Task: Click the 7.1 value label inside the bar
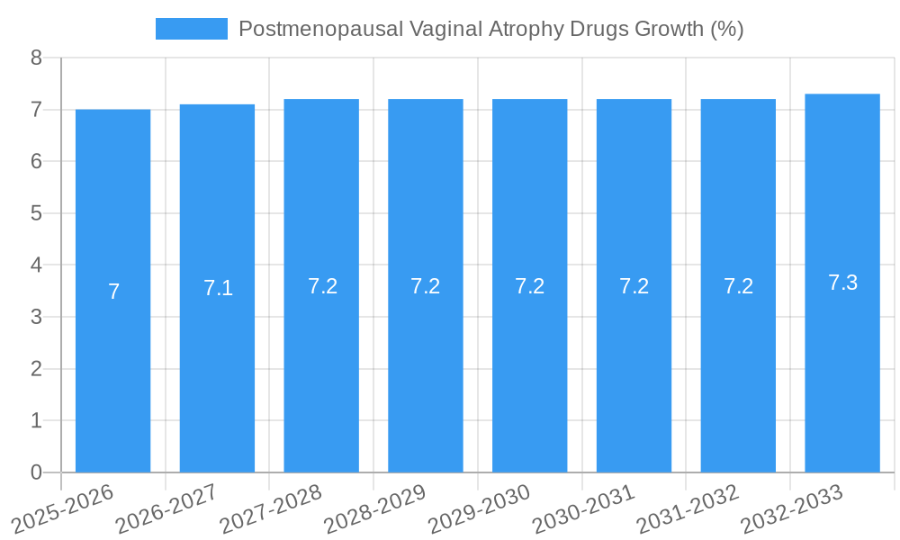pos(218,288)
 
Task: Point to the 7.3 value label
pos(842,283)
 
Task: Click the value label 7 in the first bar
pos(113,292)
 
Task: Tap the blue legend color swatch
pos(191,29)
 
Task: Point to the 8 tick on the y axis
pos(36,58)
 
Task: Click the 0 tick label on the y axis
pos(36,472)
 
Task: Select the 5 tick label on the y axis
pos(36,213)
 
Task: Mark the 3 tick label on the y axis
pos(36,317)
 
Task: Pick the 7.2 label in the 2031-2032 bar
pos(738,286)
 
